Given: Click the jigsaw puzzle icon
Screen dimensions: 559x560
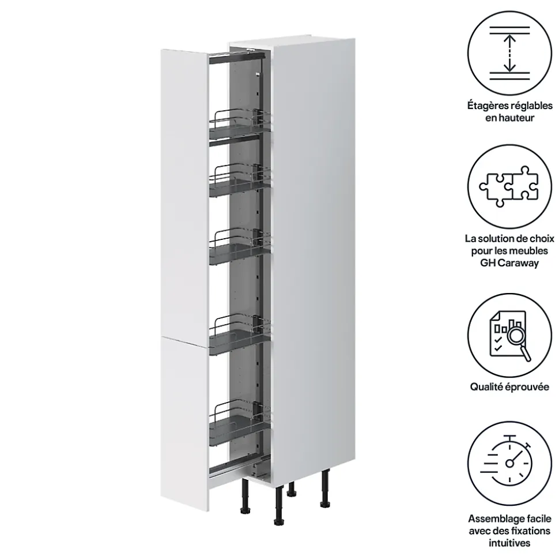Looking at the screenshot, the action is (x=509, y=186).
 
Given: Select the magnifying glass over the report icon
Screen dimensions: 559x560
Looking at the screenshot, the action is (x=517, y=340).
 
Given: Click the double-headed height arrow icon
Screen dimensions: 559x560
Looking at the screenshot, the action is (x=509, y=53).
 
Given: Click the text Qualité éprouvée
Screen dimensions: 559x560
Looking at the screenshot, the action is (x=509, y=387).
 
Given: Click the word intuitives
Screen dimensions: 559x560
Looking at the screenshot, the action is (x=509, y=543).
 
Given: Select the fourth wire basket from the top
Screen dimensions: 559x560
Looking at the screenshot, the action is (x=239, y=335).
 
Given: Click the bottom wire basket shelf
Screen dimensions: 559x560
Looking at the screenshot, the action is (x=239, y=423).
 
